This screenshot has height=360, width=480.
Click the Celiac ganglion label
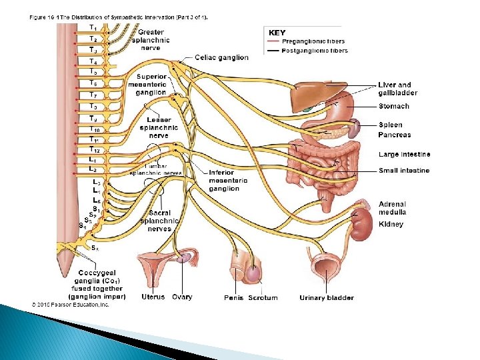221,57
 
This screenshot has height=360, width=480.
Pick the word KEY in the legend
277,32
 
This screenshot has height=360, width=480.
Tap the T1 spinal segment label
93,27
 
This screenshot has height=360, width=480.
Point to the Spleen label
390,125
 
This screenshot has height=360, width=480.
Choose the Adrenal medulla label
392,208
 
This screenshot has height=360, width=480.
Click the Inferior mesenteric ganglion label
227,180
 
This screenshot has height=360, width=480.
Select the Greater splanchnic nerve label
151,39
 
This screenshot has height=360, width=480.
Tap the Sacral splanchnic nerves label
159,221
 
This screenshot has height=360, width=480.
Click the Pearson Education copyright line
70,305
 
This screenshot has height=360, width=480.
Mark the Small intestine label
404,171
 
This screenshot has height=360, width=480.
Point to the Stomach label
393,106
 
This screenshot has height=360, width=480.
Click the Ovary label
182,297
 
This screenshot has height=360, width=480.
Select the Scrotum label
263,297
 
